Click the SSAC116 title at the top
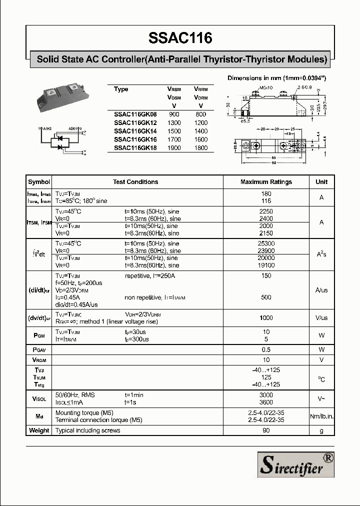[x=180, y=38]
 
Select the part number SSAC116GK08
[x=135, y=114]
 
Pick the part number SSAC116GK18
[x=135, y=148]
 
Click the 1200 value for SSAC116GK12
[x=200, y=122]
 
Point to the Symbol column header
[x=39, y=182]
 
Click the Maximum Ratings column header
[x=266, y=182]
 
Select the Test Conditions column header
[x=135, y=182]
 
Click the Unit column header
[x=321, y=182]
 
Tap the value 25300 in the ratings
[x=266, y=243]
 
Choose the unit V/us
[x=321, y=318]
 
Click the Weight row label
[x=39, y=430]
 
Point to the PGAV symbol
[x=39, y=349]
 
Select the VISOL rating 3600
[x=266, y=402]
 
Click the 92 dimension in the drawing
[x=274, y=163]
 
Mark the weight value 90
[x=266, y=430]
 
